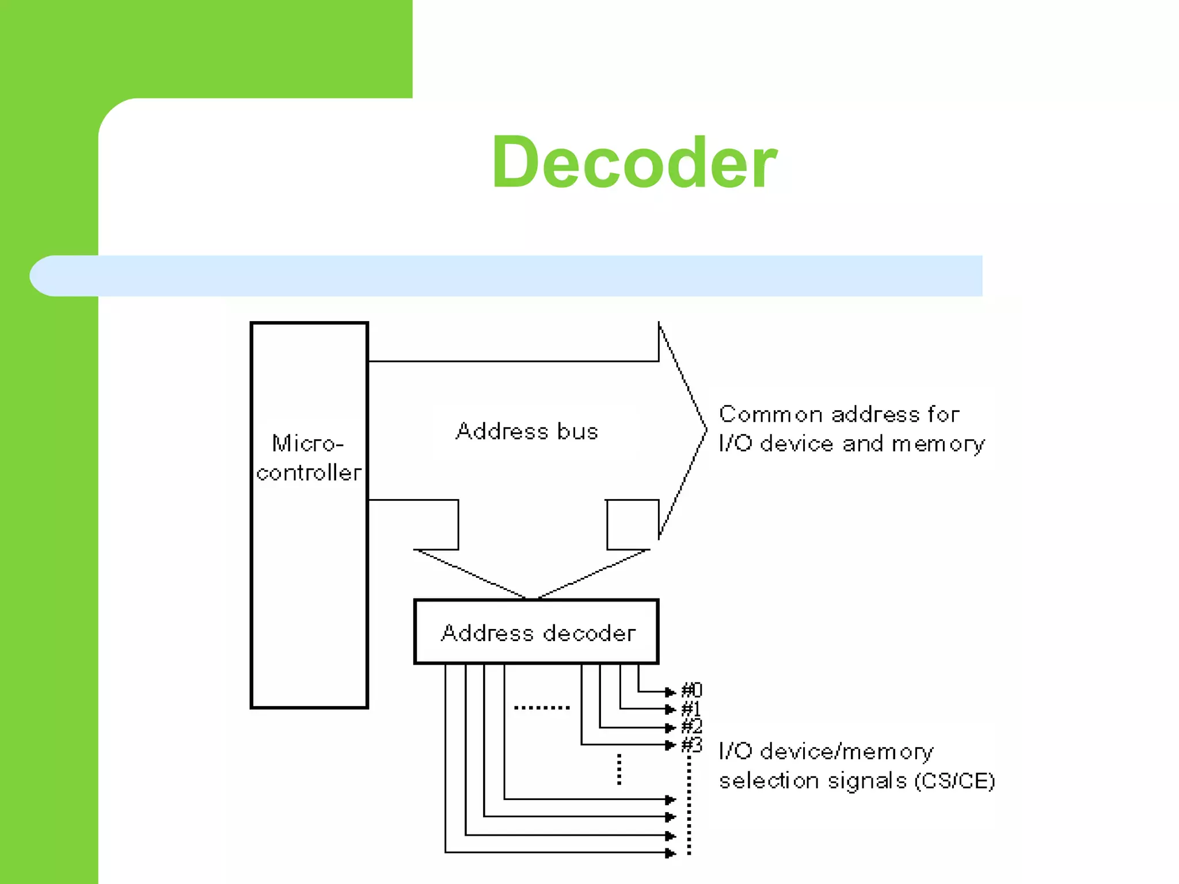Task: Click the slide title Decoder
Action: pos(634,162)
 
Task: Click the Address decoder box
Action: pos(536,632)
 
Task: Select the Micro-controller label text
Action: pos(309,458)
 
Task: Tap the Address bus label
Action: pos(527,432)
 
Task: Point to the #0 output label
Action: pos(691,690)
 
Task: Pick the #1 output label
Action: pos(691,708)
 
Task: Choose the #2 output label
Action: pos(691,726)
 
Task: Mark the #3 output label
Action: pos(691,745)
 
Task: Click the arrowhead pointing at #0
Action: pos(670,691)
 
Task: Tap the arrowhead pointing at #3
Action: pos(670,745)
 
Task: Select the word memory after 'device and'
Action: pos(938,444)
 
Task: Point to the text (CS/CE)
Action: pos(954,781)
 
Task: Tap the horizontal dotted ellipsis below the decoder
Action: pos(542,707)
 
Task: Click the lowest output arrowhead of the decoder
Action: pos(670,853)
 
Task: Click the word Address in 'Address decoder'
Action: pos(487,633)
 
